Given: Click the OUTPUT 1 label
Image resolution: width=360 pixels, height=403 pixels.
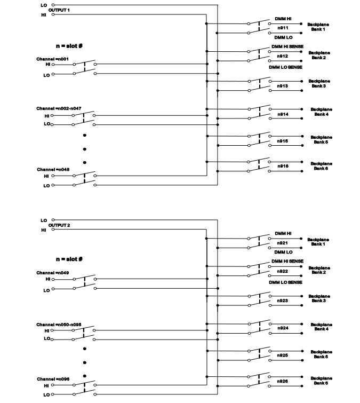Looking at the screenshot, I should [x=59, y=10].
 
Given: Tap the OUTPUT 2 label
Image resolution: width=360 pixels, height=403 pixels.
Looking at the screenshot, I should [x=59, y=225].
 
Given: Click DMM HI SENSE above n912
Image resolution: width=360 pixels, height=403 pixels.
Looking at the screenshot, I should [x=286, y=47].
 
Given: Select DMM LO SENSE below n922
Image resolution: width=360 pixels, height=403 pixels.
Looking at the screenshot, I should [x=285, y=282].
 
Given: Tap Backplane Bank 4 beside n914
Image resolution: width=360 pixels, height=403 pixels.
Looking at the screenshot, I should [x=321, y=111].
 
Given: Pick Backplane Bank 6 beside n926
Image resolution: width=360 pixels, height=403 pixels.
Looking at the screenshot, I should [x=321, y=380].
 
